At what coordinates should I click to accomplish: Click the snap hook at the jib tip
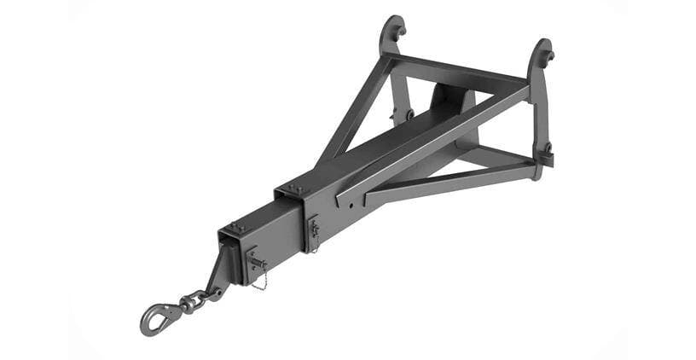(x=155, y=318)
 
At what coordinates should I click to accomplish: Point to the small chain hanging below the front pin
(x=260, y=281)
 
